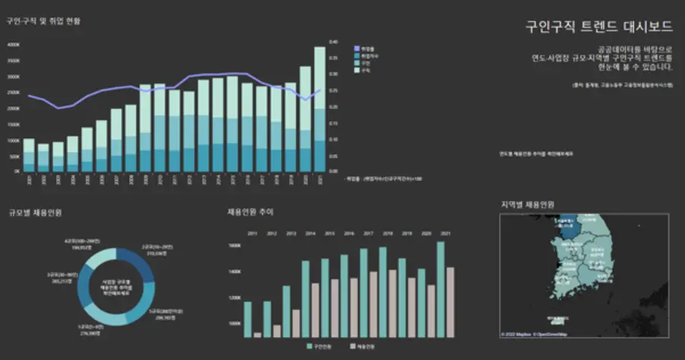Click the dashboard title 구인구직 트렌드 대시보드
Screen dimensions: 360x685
599,27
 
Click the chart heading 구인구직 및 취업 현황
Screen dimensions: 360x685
43,21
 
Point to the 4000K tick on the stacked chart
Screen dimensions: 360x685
14,45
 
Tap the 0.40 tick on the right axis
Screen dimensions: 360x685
333,42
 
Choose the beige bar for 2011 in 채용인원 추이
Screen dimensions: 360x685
257,334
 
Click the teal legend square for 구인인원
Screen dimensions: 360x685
308,346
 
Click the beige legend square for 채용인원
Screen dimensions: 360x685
352,346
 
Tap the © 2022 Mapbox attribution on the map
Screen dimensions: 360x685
518,334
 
